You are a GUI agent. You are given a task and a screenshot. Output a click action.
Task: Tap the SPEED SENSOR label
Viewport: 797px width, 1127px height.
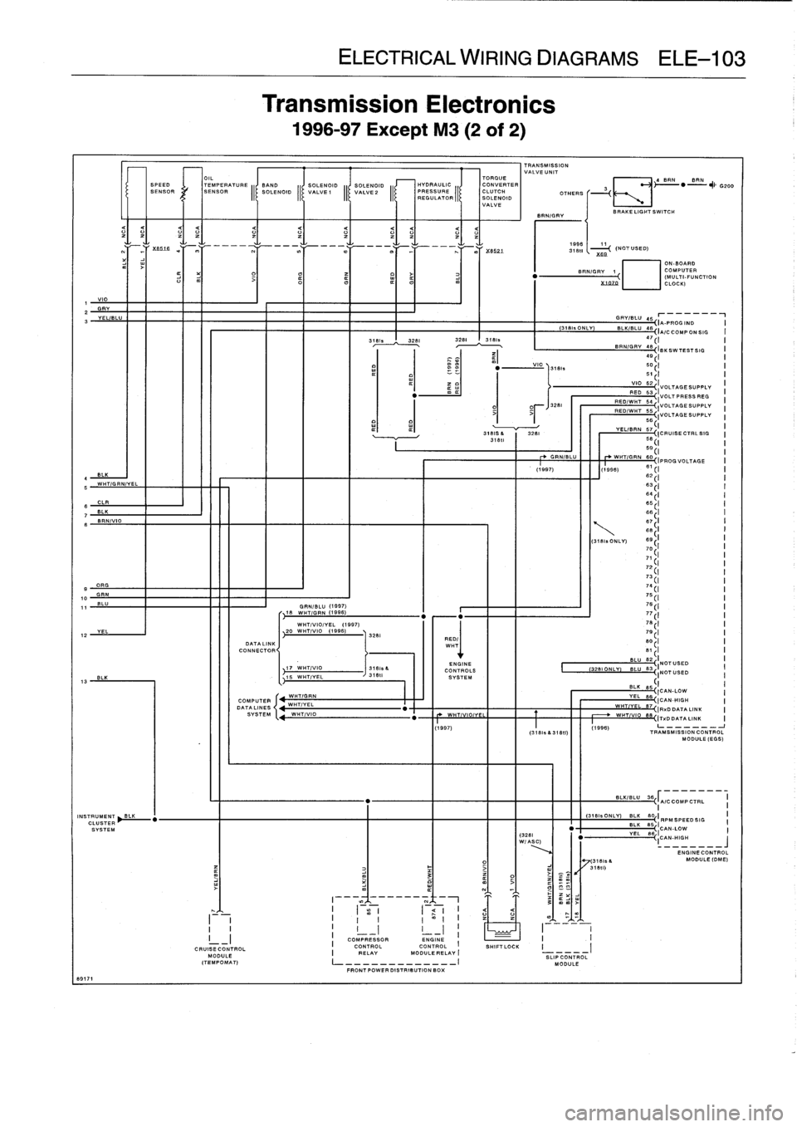tap(160, 189)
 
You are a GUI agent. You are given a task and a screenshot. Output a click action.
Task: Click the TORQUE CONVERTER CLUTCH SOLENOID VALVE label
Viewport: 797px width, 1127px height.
tap(500, 192)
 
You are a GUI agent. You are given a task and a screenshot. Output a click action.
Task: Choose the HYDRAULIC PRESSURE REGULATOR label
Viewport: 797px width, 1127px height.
tap(435, 190)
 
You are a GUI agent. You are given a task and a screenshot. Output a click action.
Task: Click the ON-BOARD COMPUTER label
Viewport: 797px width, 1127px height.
tap(683, 270)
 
